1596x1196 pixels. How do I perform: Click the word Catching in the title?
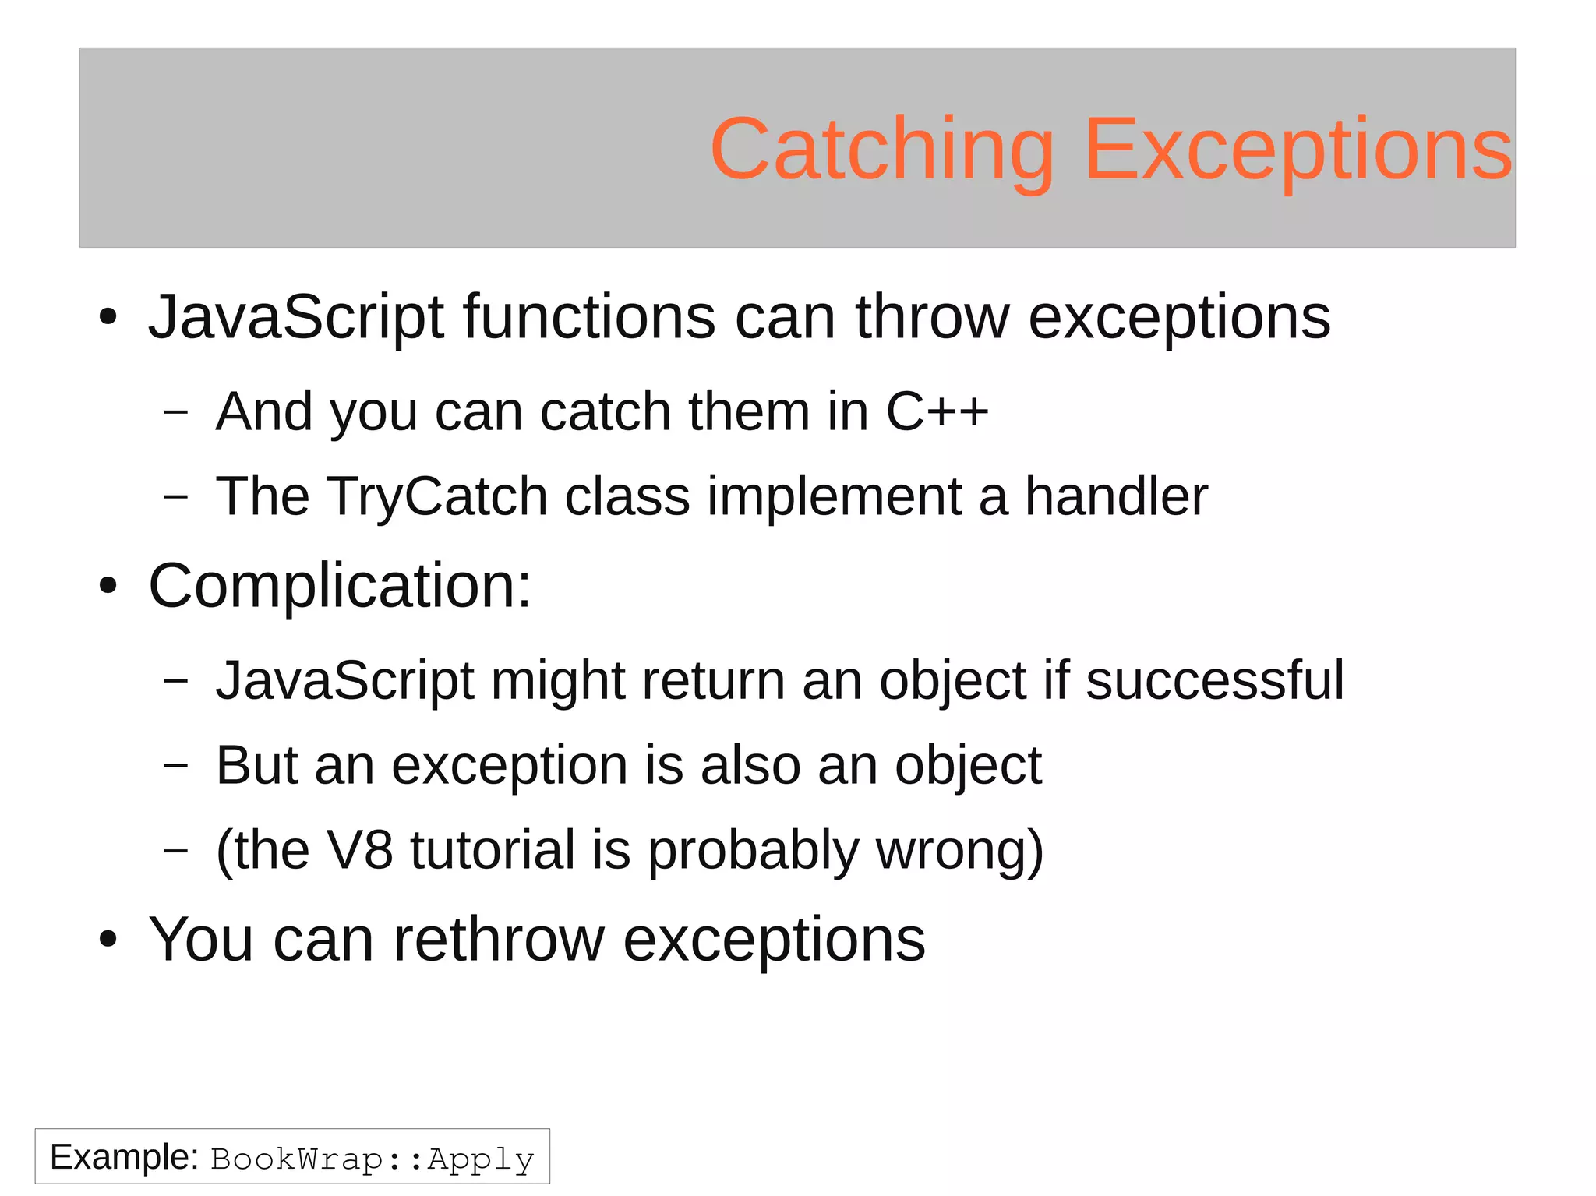(x=881, y=150)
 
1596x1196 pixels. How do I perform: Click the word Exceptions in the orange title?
(x=1298, y=150)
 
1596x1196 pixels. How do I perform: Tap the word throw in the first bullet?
(x=932, y=318)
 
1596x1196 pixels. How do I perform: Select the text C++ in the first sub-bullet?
(x=937, y=411)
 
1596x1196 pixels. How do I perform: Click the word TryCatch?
(x=436, y=497)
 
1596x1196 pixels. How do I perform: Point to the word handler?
(x=1115, y=496)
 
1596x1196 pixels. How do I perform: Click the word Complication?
(x=340, y=586)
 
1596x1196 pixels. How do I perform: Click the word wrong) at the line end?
(x=959, y=852)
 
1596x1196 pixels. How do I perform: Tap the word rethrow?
(x=499, y=940)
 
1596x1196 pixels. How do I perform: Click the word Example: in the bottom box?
(x=125, y=1157)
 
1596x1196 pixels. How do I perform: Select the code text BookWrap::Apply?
(x=373, y=1159)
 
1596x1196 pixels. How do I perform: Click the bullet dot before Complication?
(x=108, y=587)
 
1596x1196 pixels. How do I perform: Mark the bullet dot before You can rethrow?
(x=108, y=940)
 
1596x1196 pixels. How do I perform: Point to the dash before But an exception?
(x=176, y=766)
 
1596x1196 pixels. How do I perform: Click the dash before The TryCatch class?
(x=176, y=496)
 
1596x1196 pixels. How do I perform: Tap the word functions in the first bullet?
(x=588, y=318)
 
